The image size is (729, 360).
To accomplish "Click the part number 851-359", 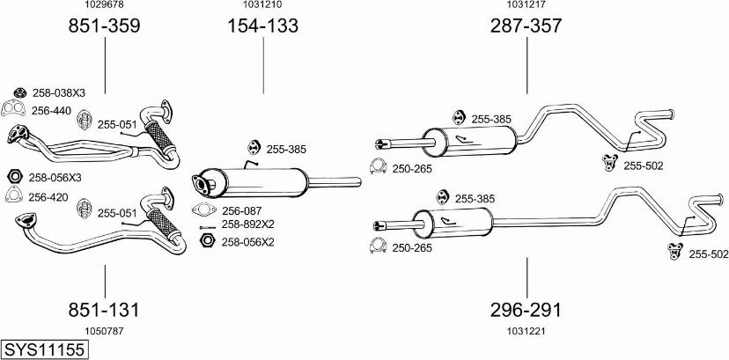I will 105,26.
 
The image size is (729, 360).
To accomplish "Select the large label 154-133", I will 263,26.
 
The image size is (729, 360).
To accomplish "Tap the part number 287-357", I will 526,26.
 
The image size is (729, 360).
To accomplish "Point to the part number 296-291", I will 526,310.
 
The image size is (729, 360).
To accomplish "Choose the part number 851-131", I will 105,310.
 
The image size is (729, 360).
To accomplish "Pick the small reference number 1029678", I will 104,5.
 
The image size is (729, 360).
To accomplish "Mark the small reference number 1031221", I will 526,330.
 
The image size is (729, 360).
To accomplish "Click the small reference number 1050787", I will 104,330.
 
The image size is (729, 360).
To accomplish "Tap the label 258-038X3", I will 59,93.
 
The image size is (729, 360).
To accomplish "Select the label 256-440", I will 51,110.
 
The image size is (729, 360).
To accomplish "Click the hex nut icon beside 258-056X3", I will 14,177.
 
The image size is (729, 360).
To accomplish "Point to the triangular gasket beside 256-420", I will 14,196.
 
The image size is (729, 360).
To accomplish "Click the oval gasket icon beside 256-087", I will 203,210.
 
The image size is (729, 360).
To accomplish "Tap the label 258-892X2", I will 247,224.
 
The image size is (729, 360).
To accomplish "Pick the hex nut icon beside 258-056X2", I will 208,241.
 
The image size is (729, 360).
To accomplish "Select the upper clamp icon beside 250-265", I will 377,166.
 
